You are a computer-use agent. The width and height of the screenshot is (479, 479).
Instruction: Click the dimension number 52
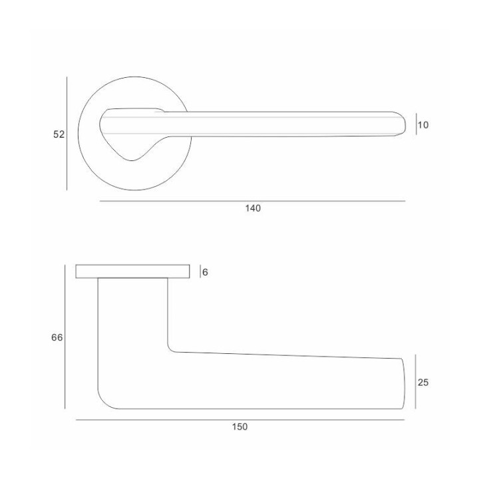click(59, 134)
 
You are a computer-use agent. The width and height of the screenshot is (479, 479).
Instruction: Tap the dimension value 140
click(253, 208)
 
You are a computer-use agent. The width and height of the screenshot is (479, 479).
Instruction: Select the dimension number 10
click(423, 125)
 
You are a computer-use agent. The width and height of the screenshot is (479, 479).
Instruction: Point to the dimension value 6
click(205, 272)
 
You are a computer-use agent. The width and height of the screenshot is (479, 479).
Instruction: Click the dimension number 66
click(57, 337)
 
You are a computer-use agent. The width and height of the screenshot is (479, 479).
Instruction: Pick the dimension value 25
click(423, 383)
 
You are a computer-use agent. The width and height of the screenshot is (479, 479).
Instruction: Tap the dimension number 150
click(239, 426)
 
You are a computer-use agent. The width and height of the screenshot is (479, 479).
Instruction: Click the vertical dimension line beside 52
click(67, 134)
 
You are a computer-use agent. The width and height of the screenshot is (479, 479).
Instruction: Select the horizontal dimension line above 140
click(252, 201)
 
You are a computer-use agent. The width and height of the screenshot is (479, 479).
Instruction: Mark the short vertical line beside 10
click(416, 124)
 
